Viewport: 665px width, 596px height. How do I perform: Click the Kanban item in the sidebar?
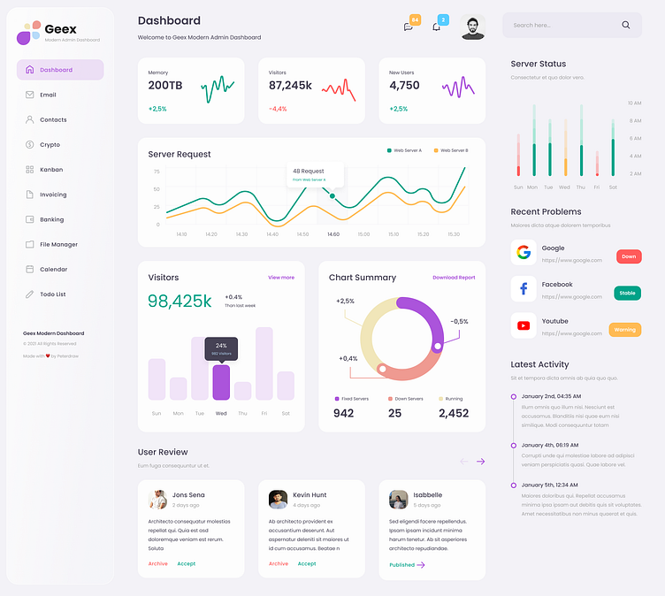[x=50, y=170]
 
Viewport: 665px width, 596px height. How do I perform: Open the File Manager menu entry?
[x=58, y=244]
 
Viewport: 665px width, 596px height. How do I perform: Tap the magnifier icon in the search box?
[x=626, y=25]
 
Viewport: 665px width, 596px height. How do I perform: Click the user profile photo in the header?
[x=473, y=27]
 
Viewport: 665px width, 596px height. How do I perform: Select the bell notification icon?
[x=436, y=27]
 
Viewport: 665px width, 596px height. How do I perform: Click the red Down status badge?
[x=629, y=256]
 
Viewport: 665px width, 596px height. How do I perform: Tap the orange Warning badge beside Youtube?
[x=625, y=330]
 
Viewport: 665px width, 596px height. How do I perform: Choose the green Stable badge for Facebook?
[x=628, y=293]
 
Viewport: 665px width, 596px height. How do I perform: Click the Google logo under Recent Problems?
[x=524, y=252]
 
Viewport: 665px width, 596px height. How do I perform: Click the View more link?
[x=281, y=278]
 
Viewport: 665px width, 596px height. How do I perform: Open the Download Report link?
[x=454, y=278]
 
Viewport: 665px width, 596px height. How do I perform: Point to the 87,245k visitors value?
[x=290, y=86]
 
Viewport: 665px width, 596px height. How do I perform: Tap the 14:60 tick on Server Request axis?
[x=333, y=234]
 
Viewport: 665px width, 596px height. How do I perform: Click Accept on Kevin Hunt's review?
[x=307, y=563]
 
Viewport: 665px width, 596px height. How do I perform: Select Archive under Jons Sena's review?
[x=158, y=563]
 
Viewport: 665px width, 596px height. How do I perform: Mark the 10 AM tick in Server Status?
[x=634, y=103]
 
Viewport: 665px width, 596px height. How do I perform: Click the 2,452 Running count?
[x=454, y=413]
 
